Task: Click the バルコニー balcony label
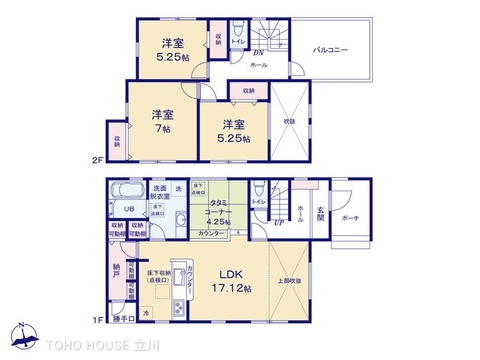pyautogui.click(x=329, y=49)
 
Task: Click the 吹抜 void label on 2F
pyautogui.click(x=289, y=122)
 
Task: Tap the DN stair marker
pyautogui.click(x=257, y=52)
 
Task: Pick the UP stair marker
pyautogui.click(x=276, y=222)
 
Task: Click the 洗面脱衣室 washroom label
pyautogui.click(x=160, y=193)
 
